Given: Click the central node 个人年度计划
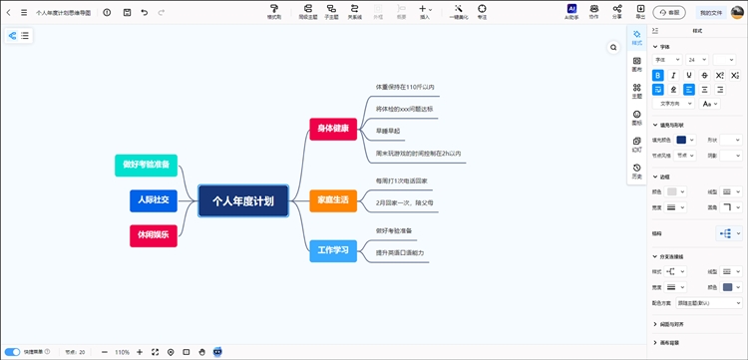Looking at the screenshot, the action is coord(243,200).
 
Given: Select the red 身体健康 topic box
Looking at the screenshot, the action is coord(333,128).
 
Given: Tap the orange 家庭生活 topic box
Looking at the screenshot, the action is coord(333,200).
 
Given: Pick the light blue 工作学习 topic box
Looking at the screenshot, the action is coord(333,250).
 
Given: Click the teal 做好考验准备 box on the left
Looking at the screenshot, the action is coord(147,165).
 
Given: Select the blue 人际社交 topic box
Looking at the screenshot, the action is coord(153,200).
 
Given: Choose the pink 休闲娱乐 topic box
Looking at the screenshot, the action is coord(153,235).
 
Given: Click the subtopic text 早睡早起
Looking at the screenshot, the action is coord(388,131).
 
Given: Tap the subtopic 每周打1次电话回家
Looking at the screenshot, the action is coord(402,180).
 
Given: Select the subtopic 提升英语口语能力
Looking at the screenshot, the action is coord(400,252).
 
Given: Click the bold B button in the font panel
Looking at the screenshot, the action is coord(658,75).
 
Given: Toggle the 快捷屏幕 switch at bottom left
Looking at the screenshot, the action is coord(13,352).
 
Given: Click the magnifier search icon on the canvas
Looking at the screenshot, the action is coord(614,47).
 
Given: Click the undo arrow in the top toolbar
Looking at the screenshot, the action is coord(145,12).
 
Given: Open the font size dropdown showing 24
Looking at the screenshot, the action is coord(695,60).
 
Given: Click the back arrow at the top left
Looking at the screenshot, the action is coord(9,12).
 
